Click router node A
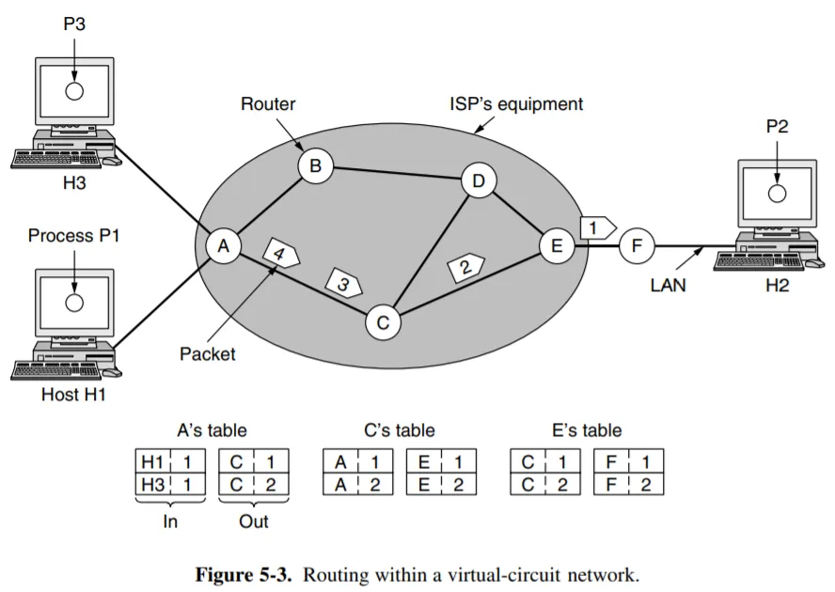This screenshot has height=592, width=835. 223,246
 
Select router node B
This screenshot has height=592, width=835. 315,166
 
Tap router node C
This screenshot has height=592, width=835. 383,322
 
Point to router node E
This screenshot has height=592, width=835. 557,246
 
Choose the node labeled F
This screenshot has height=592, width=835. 637,246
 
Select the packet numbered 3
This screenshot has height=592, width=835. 344,282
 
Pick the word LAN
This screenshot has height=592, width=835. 668,286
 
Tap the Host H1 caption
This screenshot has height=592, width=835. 73,395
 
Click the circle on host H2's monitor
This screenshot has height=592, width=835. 776,194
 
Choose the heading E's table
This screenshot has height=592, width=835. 587,431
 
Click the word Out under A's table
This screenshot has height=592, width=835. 253,522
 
